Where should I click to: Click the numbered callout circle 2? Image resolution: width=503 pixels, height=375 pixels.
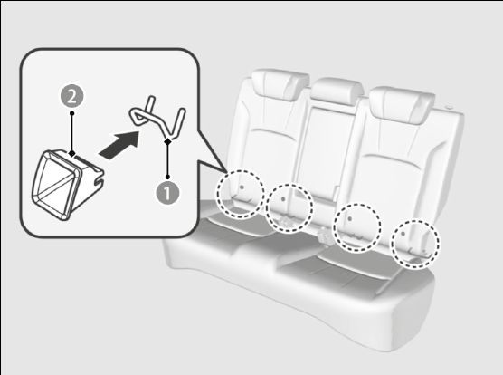[71, 96]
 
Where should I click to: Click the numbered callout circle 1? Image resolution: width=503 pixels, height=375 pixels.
[167, 193]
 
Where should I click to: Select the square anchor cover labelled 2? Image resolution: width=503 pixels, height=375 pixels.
[67, 184]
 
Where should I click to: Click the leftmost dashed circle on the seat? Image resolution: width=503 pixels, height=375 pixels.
[241, 195]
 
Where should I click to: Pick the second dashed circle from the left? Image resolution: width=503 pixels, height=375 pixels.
[289, 208]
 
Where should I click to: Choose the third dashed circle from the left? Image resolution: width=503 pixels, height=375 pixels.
[357, 226]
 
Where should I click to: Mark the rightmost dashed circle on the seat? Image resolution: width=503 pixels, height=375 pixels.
[415, 244]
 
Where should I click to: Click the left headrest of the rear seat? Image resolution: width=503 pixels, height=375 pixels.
[280, 84]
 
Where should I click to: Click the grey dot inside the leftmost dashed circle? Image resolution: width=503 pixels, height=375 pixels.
[242, 187]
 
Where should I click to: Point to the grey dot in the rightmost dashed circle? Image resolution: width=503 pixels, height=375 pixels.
[403, 234]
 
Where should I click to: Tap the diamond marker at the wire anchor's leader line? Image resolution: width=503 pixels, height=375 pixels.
[167, 141]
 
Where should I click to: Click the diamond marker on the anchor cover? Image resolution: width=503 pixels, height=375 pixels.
[72, 153]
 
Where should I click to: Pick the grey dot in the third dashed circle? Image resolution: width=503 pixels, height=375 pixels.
[350, 218]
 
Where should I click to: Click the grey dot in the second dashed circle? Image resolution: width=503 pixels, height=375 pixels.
[283, 199]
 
